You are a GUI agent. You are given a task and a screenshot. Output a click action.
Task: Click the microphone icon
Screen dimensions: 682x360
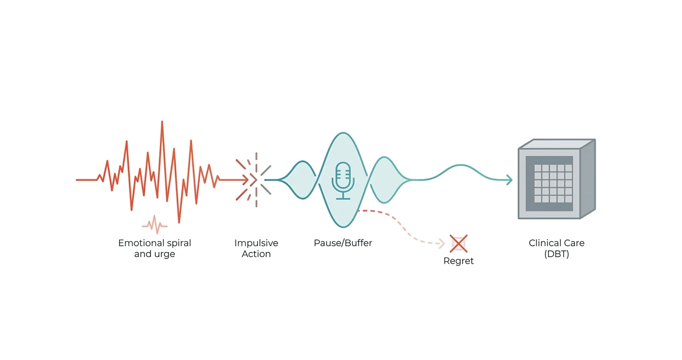coord(343,181)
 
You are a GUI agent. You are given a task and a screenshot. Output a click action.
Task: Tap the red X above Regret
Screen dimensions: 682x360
coord(458,244)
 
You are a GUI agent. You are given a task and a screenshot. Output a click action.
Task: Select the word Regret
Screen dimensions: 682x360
coord(458,261)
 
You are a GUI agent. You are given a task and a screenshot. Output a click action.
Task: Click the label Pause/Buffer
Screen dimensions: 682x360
coord(343,243)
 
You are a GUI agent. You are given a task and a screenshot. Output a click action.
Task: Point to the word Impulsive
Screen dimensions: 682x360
coord(256,243)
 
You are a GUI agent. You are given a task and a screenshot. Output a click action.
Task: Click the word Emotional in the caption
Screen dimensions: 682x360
coord(140,243)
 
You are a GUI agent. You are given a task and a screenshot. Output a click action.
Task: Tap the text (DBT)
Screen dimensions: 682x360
coord(557,254)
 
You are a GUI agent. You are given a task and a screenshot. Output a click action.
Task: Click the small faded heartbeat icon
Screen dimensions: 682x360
coord(155,225)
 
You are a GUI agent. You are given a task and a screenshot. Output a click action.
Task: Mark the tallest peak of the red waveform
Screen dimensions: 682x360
coord(162,122)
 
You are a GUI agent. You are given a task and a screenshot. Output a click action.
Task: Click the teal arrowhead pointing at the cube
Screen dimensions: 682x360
coord(510,180)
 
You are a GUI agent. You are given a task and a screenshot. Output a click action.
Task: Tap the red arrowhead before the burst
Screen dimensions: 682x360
coord(245,180)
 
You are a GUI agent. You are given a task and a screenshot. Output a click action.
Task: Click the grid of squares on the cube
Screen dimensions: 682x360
coord(553,183)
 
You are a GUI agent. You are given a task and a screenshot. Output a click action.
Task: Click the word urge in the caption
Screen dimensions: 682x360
coord(164,254)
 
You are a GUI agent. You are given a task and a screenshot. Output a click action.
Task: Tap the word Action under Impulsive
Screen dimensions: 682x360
coord(256,254)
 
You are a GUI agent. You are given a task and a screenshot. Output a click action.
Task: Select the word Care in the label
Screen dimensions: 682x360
coord(574,243)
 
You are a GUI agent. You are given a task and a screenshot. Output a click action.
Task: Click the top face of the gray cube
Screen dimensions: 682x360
coord(557,144)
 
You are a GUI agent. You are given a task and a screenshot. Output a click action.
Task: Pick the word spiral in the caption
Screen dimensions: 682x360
coord(178,243)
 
